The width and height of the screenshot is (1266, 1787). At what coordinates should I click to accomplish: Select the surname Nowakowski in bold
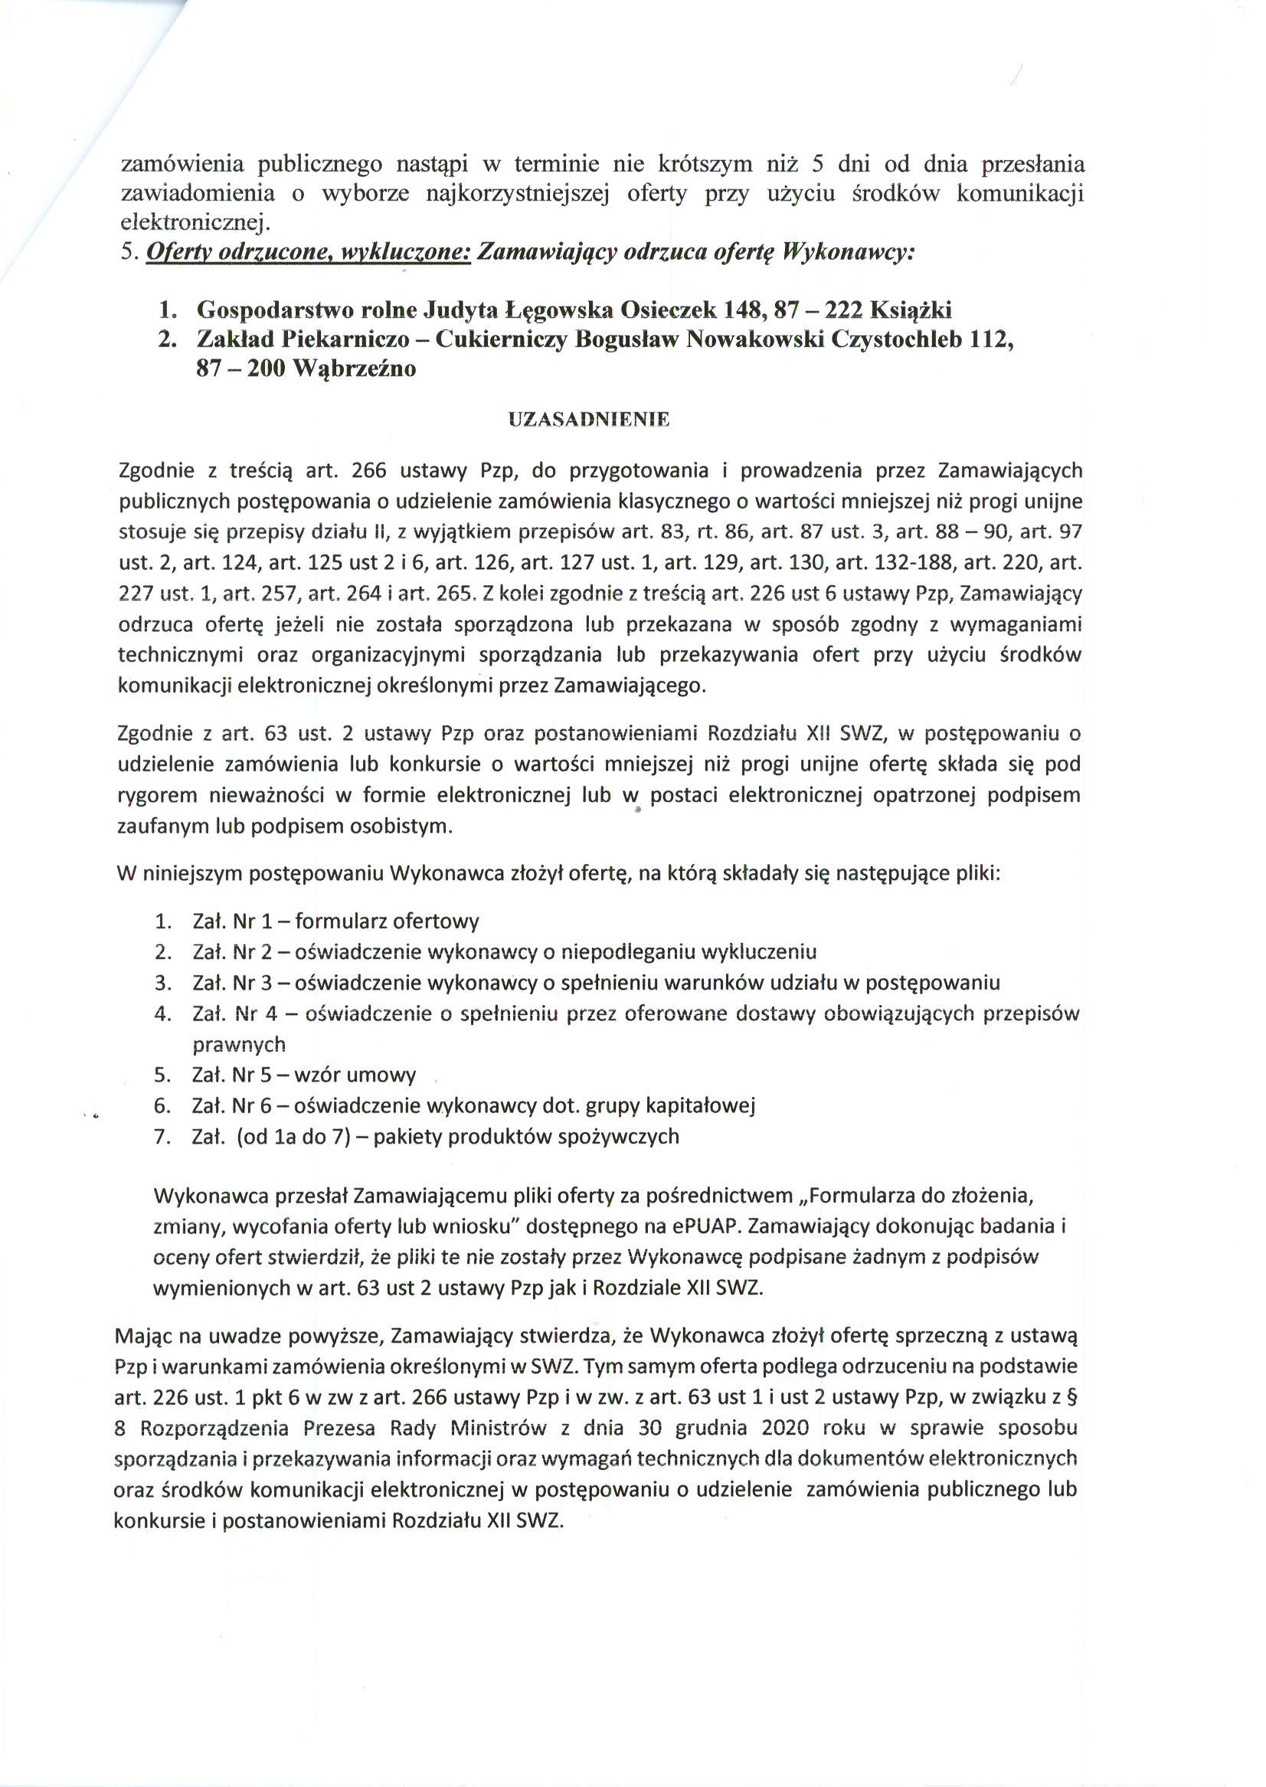pyautogui.click(x=756, y=342)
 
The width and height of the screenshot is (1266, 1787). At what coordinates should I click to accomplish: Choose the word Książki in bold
pyautogui.click(x=911, y=310)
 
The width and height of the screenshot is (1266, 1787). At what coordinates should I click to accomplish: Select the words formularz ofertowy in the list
pyautogui.click(x=387, y=921)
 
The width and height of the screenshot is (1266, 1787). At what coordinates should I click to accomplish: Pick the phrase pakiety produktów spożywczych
pyautogui.click(x=526, y=1136)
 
